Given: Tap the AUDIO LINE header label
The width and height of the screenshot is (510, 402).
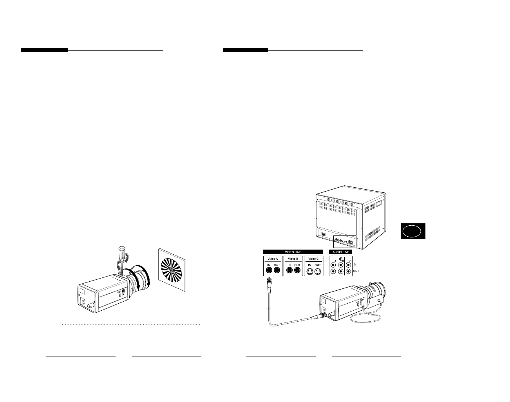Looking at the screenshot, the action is [340, 252].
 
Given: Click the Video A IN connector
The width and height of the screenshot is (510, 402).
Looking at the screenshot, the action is [269, 270].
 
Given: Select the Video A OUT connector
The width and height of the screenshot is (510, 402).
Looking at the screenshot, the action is [277, 270].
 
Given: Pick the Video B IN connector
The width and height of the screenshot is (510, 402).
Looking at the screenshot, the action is [289, 270].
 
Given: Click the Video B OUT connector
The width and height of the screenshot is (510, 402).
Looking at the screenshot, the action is [297, 270].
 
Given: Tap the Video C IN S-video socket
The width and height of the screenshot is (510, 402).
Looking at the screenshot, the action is [309, 270].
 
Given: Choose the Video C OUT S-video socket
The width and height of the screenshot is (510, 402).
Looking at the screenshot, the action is [318, 270].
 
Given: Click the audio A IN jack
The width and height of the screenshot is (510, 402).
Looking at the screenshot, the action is [333, 264].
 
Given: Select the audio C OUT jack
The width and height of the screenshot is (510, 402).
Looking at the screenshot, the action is [348, 271].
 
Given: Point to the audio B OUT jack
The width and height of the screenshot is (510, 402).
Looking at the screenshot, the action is [340, 271].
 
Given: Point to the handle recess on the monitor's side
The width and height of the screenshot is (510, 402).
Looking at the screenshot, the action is [379, 205].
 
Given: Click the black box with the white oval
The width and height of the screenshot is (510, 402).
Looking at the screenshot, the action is [413, 231].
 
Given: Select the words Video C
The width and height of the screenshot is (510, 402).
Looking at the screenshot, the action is [313, 259].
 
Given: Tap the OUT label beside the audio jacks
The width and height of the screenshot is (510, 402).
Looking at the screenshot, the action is [356, 271].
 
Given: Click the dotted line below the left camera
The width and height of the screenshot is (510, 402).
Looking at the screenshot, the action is [131, 325].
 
